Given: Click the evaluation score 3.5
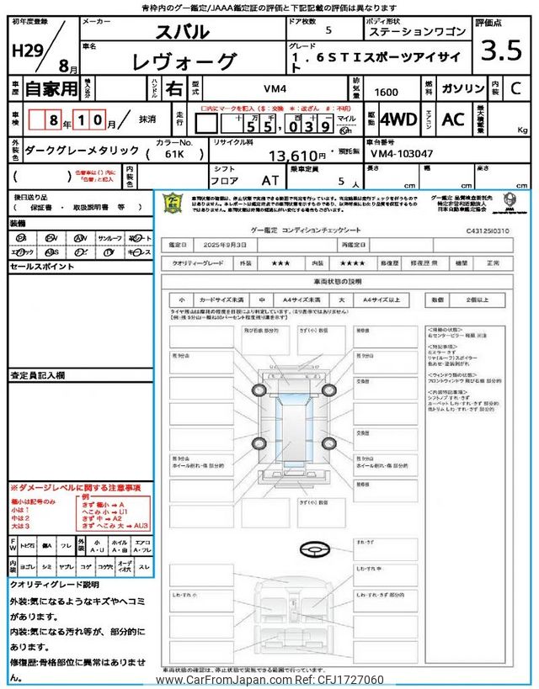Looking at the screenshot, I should coord(501,50).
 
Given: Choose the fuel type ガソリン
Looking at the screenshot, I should coord(461,87).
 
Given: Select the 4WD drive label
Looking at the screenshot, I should coord(398,119).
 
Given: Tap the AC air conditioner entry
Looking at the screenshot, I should coord(453,119).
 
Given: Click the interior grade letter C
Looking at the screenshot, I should coord(516,87).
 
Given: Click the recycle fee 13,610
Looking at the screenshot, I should coord(295,156).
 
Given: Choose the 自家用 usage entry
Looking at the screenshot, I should coord(41,88).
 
